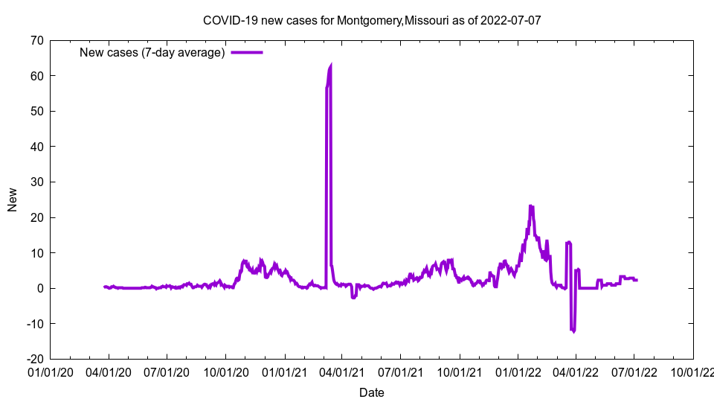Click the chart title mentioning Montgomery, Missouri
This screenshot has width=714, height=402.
(x=372, y=20)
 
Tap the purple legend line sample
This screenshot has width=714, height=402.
(x=246, y=52)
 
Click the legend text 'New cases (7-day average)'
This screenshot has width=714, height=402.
(x=152, y=52)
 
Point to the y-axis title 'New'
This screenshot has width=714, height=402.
(x=13, y=200)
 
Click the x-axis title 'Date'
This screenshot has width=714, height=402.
(x=372, y=392)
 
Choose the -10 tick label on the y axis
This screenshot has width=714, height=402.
(x=34, y=324)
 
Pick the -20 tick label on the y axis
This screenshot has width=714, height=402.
(x=34, y=359)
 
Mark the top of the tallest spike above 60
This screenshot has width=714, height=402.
(x=330, y=65)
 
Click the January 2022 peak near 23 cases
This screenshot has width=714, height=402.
(x=531, y=206)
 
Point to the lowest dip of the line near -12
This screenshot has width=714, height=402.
(x=573, y=331)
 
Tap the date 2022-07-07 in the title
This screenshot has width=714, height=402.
(x=511, y=20)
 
